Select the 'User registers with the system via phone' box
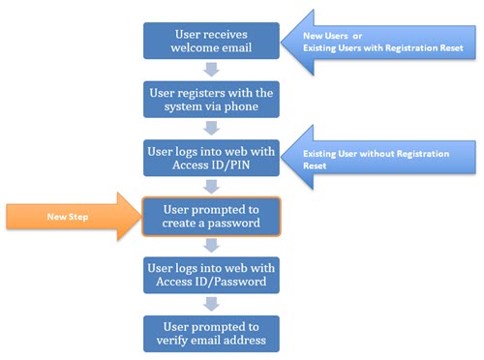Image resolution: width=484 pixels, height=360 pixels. (211, 99)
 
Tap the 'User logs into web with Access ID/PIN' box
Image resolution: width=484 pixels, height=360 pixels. (211, 158)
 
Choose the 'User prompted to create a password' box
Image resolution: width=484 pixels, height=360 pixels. (211, 218)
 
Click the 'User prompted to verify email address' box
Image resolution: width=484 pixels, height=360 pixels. (211, 333)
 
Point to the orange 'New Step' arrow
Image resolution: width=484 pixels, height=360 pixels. (73, 218)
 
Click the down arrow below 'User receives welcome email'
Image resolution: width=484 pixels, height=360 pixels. (211, 69)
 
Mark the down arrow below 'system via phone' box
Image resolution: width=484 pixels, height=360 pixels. (211, 128)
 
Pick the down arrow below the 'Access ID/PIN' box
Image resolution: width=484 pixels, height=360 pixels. (211, 188)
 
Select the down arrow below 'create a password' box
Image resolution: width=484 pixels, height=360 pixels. (211, 247)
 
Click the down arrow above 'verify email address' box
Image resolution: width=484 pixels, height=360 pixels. (211, 304)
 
